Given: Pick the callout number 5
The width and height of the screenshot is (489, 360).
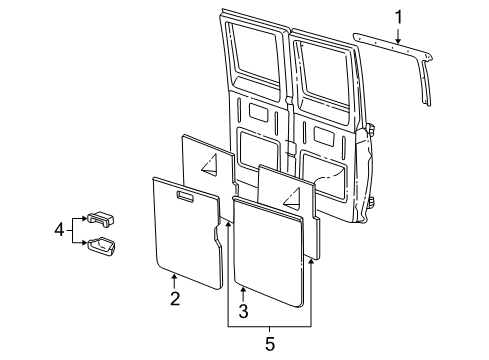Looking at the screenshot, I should coord(267,343).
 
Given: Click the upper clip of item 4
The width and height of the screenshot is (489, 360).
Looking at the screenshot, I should coord(101,219).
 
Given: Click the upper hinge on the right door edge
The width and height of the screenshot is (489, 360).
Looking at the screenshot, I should coord(371,131).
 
